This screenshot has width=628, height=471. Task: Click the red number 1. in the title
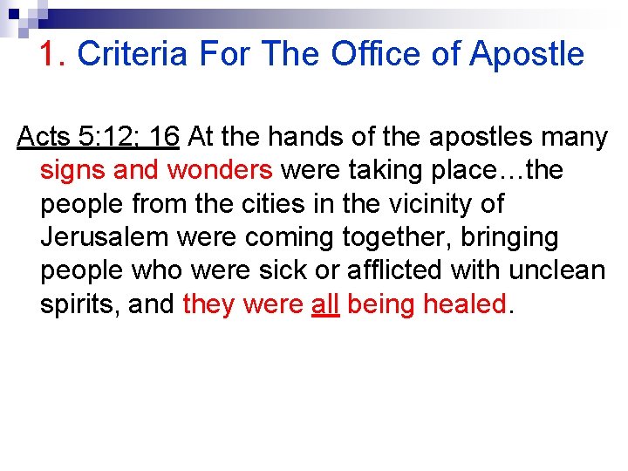pyautogui.click(x=53, y=54)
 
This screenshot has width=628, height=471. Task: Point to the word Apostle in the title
pyautogui.click(x=527, y=54)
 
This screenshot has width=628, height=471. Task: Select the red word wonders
pyautogui.click(x=220, y=171)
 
